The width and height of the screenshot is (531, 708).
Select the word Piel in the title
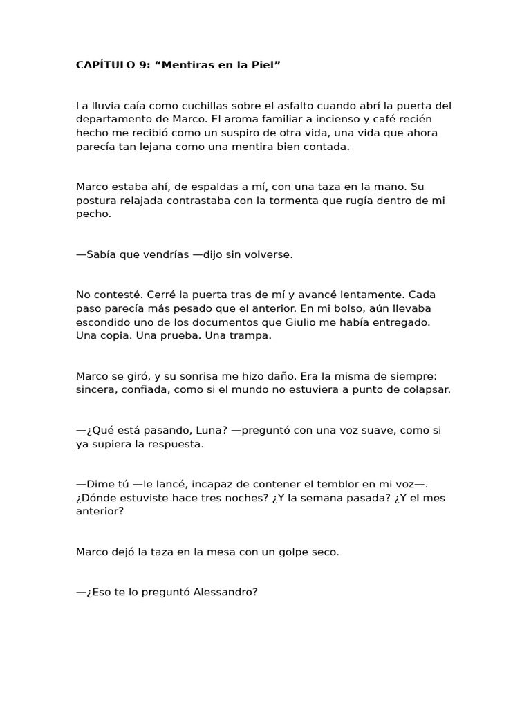pyautogui.click(x=266, y=66)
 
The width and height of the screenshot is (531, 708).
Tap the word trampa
pyautogui.click(x=253, y=335)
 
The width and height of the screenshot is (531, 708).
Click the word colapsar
pyautogui.click(x=418, y=389)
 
